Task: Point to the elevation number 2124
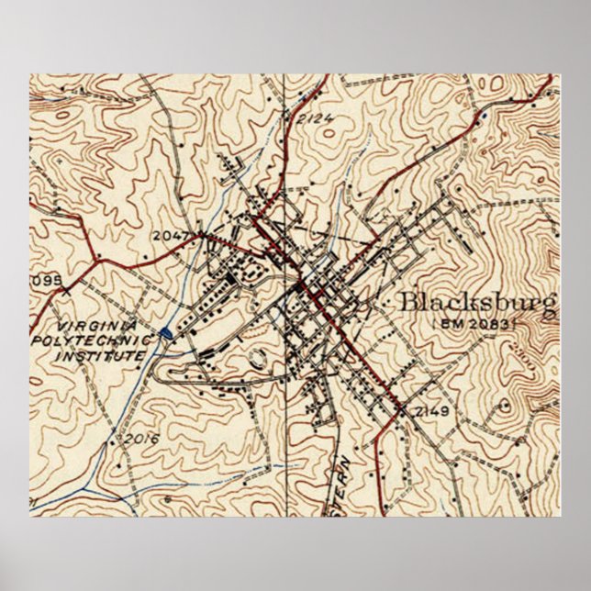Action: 315,118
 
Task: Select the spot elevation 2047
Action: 171,236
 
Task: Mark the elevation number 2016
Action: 141,438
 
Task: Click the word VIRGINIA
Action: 95,327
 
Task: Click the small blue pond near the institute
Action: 165,333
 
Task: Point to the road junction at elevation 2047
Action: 201,236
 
